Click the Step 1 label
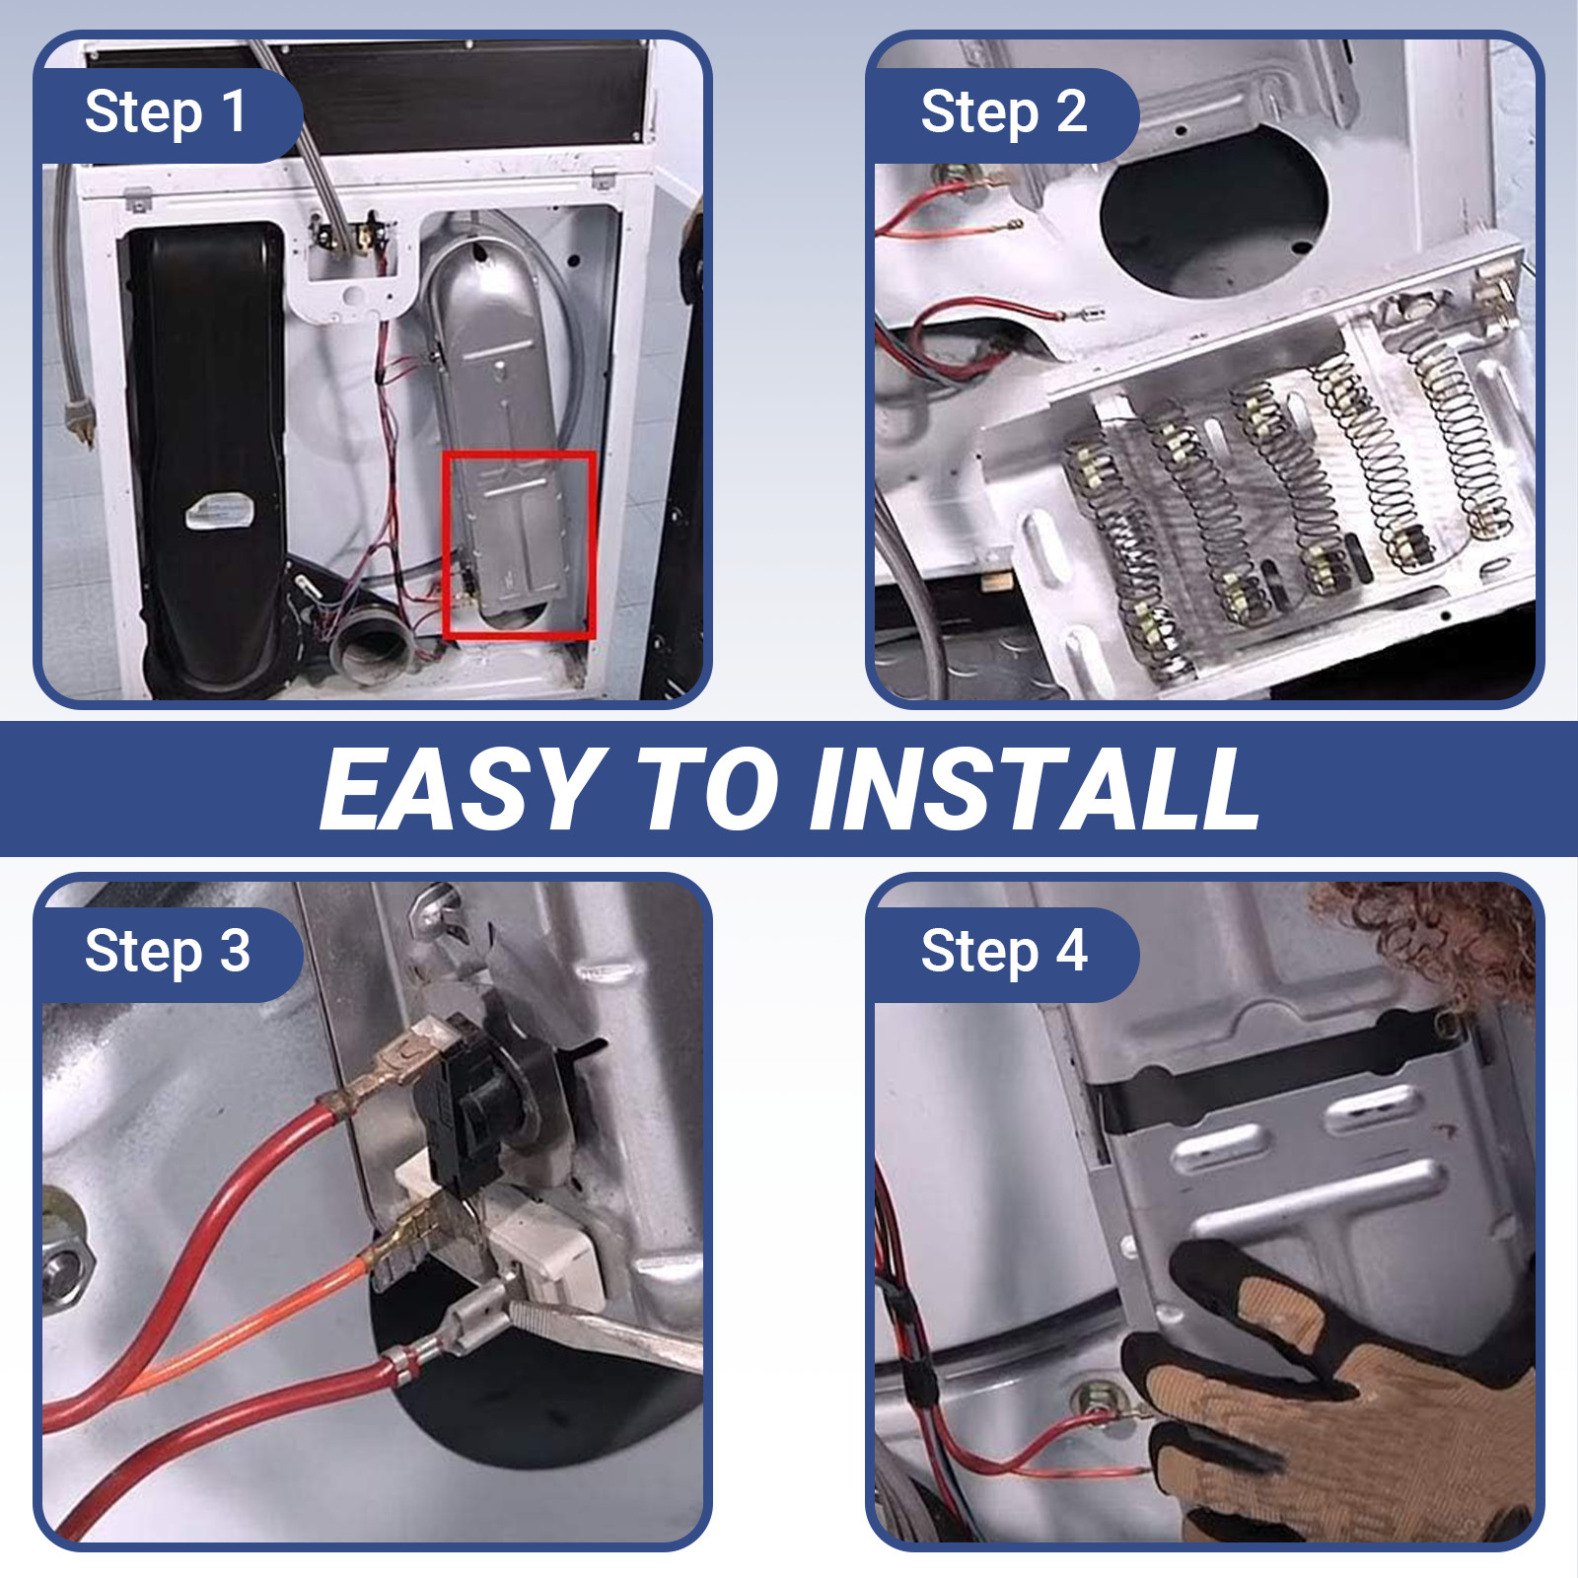[166, 112]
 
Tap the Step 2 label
[1004, 112]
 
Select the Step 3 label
[168, 953]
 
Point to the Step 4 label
[1004, 953]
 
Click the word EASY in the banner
[463, 789]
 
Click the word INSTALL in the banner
[1035, 789]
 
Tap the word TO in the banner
[707, 789]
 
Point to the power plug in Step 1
[77, 419]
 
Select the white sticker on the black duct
[221, 511]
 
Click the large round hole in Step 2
[1214, 211]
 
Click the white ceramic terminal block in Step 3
[533, 1233]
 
